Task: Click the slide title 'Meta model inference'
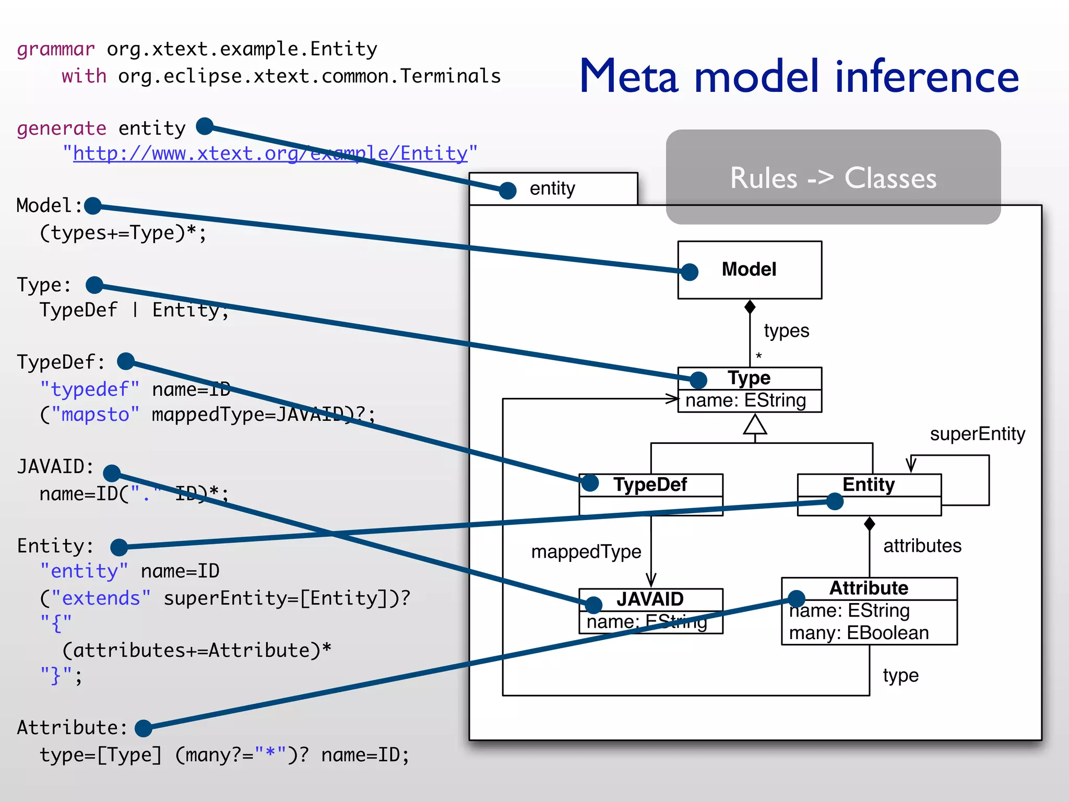[x=799, y=77]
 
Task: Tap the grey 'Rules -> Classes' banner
[x=833, y=178]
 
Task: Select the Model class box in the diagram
[x=750, y=269]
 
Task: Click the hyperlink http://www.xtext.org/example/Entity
[x=270, y=154]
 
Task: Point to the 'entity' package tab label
[x=552, y=188]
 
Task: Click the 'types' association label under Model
[x=786, y=331]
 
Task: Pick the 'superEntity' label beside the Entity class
[x=977, y=434]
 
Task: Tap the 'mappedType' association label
[x=586, y=552]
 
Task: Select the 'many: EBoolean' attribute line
[x=859, y=633]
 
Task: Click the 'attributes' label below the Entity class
[x=922, y=546]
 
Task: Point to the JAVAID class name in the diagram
[x=650, y=599]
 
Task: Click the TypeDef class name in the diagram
[x=650, y=485]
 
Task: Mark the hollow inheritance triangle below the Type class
[x=755, y=424]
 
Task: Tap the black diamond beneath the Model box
[x=750, y=307]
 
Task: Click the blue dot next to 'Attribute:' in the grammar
[x=143, y=728]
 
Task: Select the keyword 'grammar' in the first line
[x=56, y=49]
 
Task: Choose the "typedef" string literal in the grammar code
[x=90, y=390]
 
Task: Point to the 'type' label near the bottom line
[x=900, y=676]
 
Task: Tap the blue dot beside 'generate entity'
[x=205, y=126]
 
